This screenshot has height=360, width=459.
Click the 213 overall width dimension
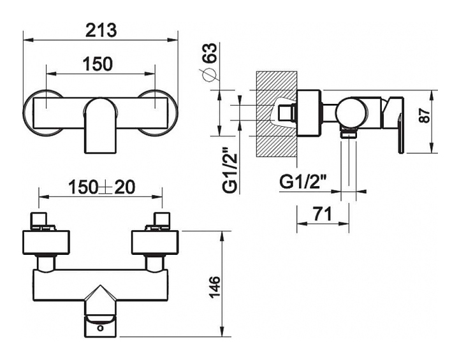[x=101, y=30]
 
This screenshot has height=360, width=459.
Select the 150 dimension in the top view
[x=98, y=64]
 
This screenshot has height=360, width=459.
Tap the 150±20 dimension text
[x=101, y=187]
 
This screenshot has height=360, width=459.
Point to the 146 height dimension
[x=215, y=287]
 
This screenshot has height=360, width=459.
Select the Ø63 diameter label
[x=210, y=61]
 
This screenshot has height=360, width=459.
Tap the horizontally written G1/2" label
[x=303, y=182]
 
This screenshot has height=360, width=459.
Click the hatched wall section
[x=276, y=115]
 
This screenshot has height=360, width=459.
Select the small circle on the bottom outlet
[x=101, y=328]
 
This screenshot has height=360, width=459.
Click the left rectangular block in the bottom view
[x=47, y=242]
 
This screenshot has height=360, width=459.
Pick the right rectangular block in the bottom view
[x=154, y=242]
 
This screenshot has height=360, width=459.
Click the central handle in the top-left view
[x=100, y=126]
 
